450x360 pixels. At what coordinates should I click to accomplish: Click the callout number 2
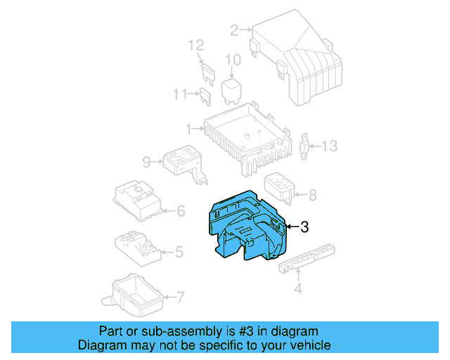[x=233, y=30]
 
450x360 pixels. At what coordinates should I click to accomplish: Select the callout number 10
[x=233, y=60]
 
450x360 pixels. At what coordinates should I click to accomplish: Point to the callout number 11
[x=180, y=94]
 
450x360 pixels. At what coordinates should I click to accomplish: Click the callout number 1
[x=188, y=129]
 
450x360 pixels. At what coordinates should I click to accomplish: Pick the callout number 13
[x=330, y=146]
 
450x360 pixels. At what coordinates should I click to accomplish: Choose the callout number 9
[x=146, y=162]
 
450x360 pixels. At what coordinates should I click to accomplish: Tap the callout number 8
[x=313, y=195]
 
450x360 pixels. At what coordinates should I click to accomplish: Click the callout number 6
[x=180, y=210]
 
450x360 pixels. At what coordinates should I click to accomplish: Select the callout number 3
[x=304, y=227]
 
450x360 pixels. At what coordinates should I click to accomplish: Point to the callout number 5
[x=179, y=251]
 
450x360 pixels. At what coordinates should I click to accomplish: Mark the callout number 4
[x=297, y=288]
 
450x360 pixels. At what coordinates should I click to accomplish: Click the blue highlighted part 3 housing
[x=246, y=229]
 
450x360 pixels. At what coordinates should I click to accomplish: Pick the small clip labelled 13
[x=305, y=146]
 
